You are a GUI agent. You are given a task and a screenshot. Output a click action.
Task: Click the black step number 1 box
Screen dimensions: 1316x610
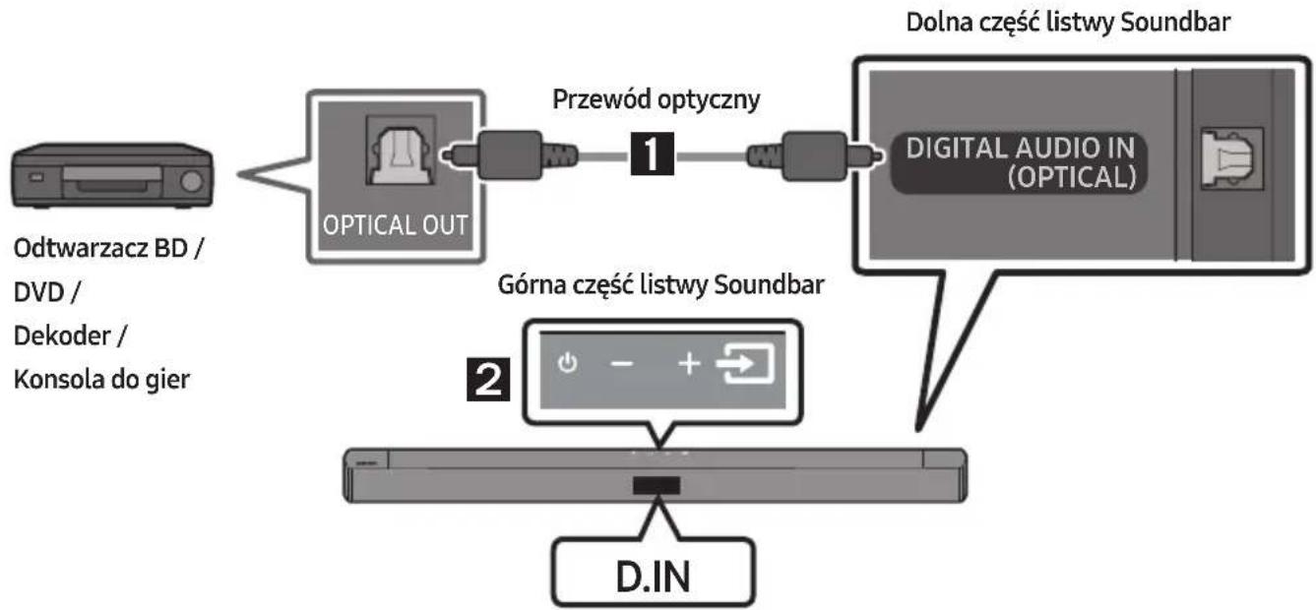(x=653, y=153)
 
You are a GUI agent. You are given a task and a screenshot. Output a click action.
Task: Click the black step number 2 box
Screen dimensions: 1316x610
(x=488, y=380)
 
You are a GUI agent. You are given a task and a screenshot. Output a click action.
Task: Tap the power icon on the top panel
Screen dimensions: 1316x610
(x=568, y=363)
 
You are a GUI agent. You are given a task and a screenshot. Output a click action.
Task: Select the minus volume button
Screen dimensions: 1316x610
(x=621, y=364)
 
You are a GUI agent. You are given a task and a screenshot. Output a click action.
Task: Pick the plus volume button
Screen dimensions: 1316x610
(x=689, y=364)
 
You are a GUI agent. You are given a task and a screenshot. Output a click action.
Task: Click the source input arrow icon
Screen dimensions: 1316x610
(x=745, y=363)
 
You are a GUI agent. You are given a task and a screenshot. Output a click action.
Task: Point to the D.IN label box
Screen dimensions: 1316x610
(x=654, y=573)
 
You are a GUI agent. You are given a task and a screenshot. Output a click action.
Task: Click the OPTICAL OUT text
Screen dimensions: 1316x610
(x=395, y=225)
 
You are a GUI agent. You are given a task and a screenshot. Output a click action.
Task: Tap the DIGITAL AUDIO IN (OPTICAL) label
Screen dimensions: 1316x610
(x=1020, y=162)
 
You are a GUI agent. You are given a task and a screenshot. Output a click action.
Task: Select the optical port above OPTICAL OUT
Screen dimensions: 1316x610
(x=401, y=151)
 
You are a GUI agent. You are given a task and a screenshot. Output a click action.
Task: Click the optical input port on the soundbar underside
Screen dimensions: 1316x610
(x=1232, y=158)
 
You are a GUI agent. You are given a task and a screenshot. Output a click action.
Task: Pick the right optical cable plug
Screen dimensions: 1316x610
(x=814, y=156)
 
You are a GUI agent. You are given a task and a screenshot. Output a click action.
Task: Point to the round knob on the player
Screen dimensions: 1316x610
(x=191, y=182)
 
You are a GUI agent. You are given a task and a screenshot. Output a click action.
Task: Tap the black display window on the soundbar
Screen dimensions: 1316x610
(x=657, y=485)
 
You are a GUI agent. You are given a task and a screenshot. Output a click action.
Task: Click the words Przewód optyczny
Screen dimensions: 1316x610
(x=657, y=99)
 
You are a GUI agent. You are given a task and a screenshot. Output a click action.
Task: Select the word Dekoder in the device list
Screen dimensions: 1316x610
(x=62, y=335)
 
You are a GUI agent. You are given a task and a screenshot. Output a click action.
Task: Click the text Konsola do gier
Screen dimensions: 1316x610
(x=101, y=380)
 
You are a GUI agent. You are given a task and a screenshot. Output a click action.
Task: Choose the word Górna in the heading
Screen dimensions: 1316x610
(x=532, y=284)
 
